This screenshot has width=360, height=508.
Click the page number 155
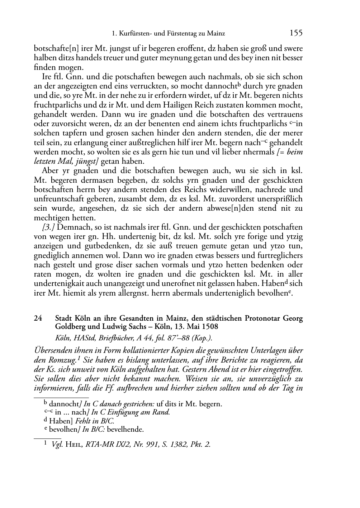296,33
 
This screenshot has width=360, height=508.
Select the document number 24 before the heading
38,318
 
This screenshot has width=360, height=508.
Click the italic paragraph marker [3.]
49,227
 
